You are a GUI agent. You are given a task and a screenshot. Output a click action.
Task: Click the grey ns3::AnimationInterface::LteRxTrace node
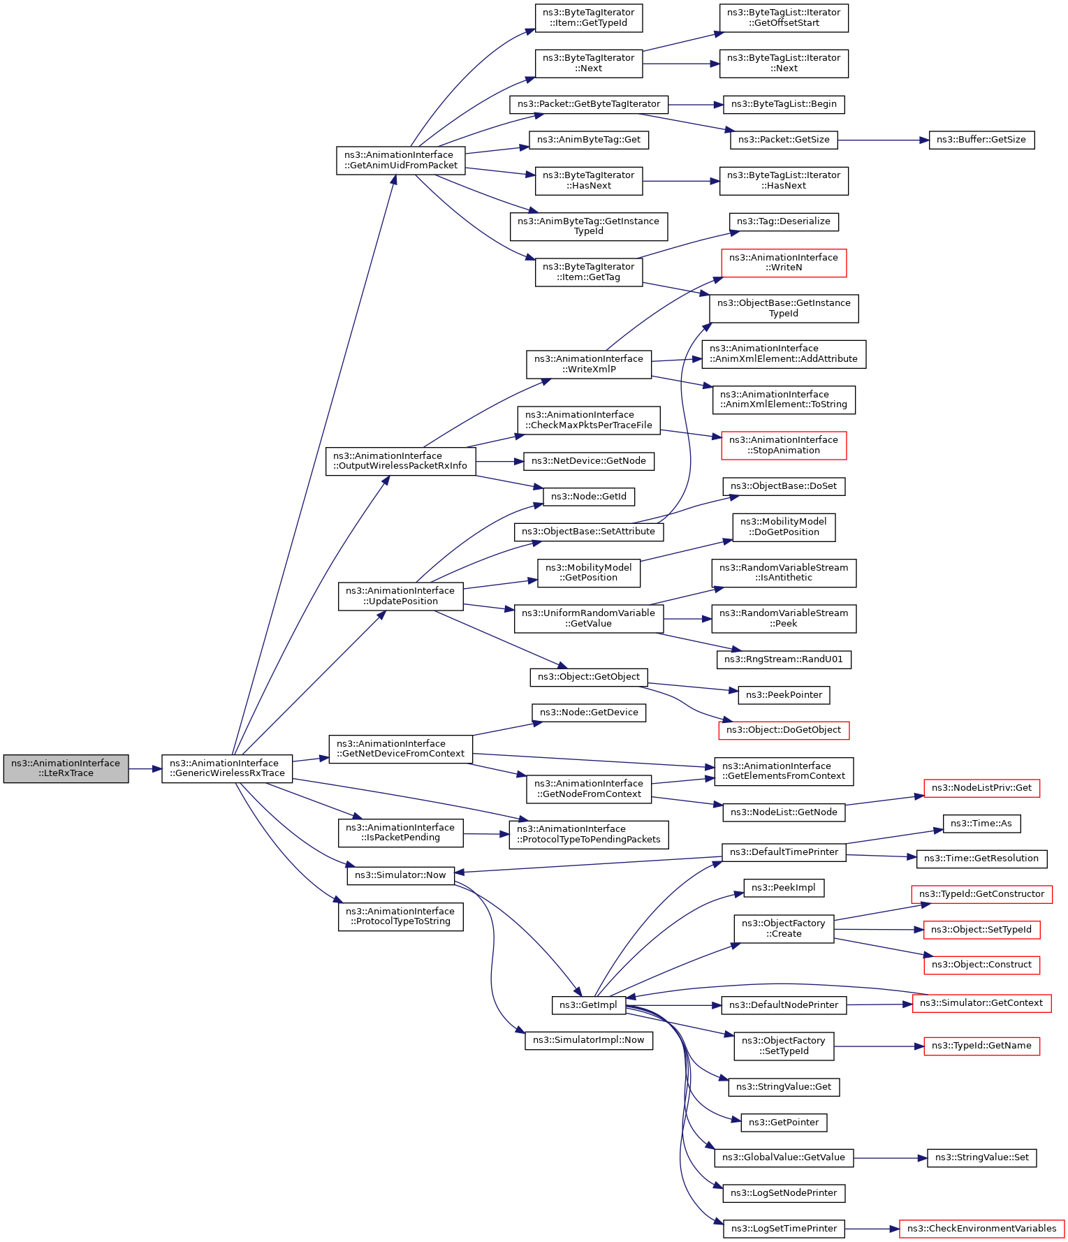point(66,768)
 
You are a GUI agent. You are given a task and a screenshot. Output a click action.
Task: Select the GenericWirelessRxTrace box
point(227,768)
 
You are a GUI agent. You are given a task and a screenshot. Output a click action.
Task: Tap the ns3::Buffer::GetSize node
point(981,140)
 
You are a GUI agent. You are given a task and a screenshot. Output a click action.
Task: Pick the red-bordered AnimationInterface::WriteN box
point(783,263)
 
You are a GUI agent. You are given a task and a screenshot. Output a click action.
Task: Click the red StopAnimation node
point(783,445)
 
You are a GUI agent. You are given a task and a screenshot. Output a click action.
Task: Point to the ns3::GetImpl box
point(588,1005)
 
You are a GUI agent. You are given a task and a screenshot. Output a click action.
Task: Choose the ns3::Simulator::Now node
point(400,875)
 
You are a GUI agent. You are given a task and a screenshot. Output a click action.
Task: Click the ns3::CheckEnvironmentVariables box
point(981,1229)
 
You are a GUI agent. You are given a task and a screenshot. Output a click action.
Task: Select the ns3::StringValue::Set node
point(981,1157)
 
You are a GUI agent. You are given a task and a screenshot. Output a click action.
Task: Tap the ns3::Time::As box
point(981,824)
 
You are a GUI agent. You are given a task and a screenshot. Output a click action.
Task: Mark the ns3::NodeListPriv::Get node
point(981,788)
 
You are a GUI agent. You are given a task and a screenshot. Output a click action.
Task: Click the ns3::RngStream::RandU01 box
point(783,659)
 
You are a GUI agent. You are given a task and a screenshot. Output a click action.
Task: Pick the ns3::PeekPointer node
point(784,695)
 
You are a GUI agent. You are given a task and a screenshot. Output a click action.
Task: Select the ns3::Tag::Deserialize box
point(783,221)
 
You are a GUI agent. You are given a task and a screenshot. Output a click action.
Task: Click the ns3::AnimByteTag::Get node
point(589,140)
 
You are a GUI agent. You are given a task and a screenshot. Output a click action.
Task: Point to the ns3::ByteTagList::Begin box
point(783,104)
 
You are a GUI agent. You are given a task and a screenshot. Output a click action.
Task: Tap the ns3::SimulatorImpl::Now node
point(588,1040)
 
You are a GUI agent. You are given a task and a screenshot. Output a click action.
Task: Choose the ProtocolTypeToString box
point(400,916)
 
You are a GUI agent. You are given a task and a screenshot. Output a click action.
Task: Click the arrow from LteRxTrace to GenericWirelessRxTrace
point(145,768)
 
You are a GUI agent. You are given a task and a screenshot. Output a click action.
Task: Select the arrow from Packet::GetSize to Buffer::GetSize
point(883,140)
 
